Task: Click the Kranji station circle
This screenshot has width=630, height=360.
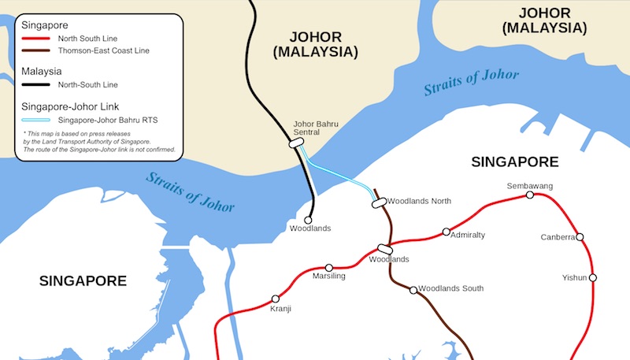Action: [276, 299]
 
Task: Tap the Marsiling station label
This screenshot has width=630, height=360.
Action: [329, 276]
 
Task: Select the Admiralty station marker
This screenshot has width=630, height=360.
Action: [447, 232]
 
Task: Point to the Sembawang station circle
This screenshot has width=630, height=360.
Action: [530, 195]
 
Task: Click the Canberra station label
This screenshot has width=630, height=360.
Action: [558, 237]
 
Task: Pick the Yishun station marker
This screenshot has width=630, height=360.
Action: [593, 277]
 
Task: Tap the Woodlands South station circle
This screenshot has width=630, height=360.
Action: [413, 290]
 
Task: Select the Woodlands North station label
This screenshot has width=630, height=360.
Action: [420, 202]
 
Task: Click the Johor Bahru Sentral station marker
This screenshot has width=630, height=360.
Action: [297, 143]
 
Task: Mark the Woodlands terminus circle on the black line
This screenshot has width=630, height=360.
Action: [309, 220]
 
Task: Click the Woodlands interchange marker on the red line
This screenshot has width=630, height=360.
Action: [385, 249]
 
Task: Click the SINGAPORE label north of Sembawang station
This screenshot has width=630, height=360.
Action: [514, 162]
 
